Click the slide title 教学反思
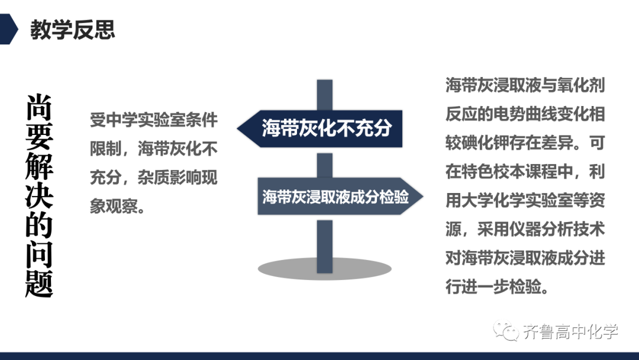(x=73, y=30)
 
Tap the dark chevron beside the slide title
(x=8, y=29)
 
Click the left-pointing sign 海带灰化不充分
(x=319, y=128)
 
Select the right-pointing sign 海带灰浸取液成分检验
(x=340, y=197)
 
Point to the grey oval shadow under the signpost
(x=324, y=269)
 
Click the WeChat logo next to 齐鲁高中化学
(x=505, y=330)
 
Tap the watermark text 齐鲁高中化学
(x=570, y=332)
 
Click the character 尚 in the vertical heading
(x=39, y=107)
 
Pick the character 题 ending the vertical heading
(x=39, y=284)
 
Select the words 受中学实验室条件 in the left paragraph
(x=154, y=120)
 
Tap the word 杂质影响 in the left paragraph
(x=169, y=178)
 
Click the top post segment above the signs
(x=325, y=95)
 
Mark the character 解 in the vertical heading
(x=39, y=166)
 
